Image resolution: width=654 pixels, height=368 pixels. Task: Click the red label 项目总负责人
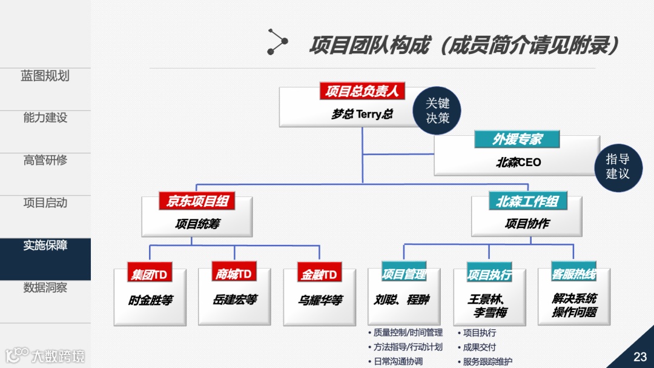(x=362, y=92)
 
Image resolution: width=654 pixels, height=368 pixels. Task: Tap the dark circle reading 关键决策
(x=437, y=111)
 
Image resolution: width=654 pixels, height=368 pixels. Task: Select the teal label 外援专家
(x=517, y=139)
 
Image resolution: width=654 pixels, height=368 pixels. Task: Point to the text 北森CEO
(x=518, y=162)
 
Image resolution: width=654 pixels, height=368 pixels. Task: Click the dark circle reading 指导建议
(x=618, y=166)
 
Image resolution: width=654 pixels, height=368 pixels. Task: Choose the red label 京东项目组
(x=197, y=201)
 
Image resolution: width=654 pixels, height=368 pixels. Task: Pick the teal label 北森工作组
(x=527, y=201)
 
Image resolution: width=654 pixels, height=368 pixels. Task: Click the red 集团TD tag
(x=149, y=275)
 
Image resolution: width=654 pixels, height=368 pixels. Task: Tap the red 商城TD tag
(x=234, y=274)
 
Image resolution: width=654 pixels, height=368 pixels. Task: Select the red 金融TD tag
(x=319, y=275)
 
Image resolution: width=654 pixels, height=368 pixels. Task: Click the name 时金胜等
(x=150, y=300)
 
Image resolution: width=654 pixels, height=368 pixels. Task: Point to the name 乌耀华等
(x=320, y=300)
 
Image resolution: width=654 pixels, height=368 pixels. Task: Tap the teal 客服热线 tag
(x=574, y=275)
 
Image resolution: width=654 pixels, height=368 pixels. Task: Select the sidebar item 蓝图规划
(x=45, y=76)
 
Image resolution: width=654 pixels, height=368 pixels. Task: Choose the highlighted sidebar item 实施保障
(x=45, y=246)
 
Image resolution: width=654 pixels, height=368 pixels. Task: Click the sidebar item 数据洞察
(x=45, y=287)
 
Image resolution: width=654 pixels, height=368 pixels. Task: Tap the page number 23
(x=640, y=356)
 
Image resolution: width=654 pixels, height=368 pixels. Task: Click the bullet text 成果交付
(x=479, y=347)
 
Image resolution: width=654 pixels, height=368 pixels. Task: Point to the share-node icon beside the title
(x=277, y=42)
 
